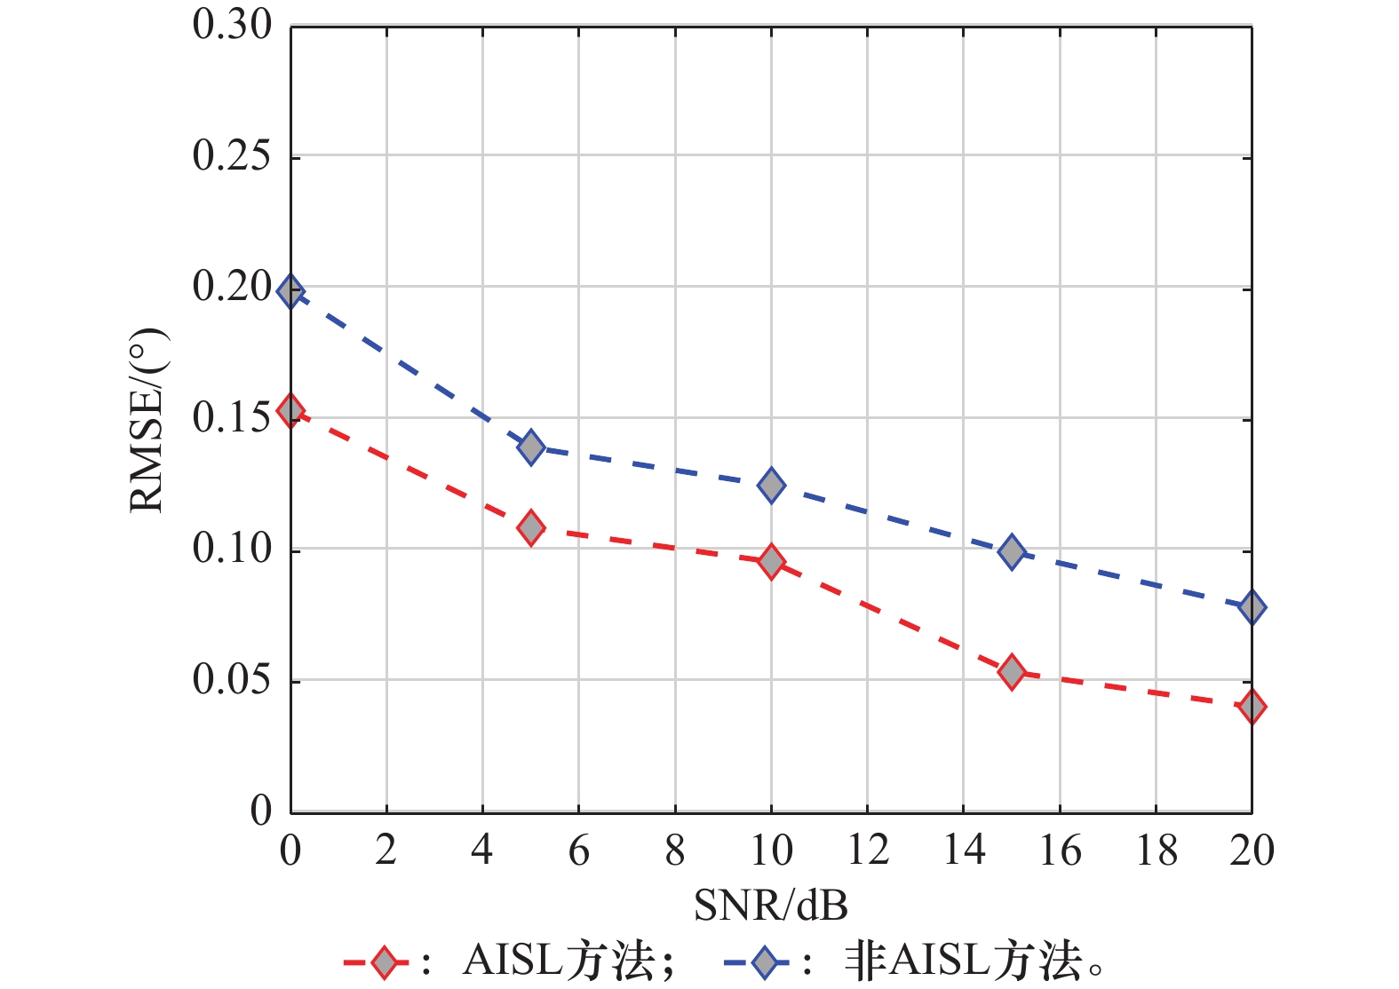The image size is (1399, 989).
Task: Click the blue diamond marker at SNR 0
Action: (x=290, y=291)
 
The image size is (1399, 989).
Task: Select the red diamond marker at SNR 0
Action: (x=290, y=410)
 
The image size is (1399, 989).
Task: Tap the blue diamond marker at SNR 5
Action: (x=531, y=447)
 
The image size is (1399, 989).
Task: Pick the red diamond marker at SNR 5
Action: (x=531, y=528)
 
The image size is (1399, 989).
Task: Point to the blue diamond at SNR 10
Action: (x=771, y=485)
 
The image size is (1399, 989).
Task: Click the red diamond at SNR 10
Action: (x=771, y=562)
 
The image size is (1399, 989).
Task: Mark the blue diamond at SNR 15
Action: (x=1012, y=551)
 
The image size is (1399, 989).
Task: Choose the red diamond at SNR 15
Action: (x=1012, y=672)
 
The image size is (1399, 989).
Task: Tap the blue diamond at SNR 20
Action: (x=1252, y=607)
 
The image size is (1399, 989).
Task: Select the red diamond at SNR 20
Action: (x=1252, y=707)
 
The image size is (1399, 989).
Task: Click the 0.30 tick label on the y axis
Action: (x=232, y=25)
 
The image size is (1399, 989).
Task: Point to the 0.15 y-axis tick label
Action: (x=232, y=418)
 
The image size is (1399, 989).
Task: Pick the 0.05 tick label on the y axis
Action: (x=232, y=680)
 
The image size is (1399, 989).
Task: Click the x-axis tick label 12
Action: (x=868, y=851)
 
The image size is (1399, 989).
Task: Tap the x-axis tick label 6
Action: (x=579, y=851)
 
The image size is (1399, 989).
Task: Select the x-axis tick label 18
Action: (x=1156, y=851)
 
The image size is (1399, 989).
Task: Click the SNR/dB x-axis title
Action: (x=771, y=905)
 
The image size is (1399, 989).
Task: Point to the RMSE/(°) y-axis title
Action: (x=147, y=420)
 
